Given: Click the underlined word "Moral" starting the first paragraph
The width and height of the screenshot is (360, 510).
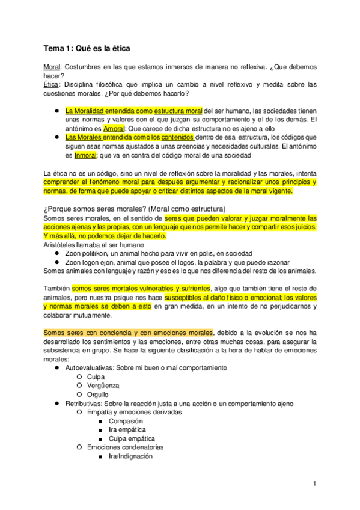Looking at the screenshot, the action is tap(52, 68).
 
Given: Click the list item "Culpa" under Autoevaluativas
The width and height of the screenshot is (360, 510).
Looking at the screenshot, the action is tap(96, 376).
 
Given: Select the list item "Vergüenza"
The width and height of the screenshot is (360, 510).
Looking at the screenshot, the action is tap(103, 385).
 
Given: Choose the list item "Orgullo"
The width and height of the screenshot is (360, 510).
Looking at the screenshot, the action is tap(98, 394).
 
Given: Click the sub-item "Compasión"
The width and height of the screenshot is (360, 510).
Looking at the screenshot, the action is tap(125, 421).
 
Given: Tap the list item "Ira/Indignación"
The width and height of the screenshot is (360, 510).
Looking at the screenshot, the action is tap(130, 456).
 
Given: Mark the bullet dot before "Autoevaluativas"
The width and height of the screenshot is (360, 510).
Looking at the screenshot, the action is tap(56, 367).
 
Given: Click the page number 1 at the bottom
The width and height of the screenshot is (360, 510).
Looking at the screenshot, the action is tap(314, 484).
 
